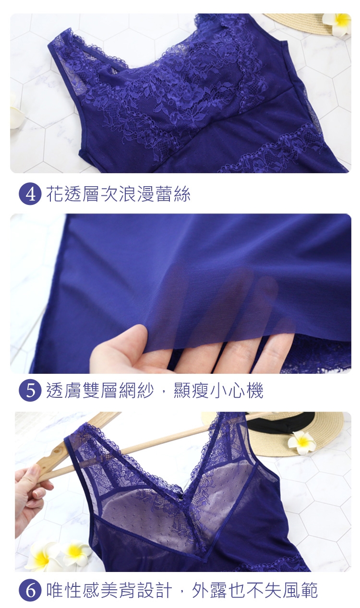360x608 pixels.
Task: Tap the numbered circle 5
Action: pos(30,390)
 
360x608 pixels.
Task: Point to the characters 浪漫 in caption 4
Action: pos(137,194)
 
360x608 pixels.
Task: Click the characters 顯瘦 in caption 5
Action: pos(191,390)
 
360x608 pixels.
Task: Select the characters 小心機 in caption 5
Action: pos(237,390)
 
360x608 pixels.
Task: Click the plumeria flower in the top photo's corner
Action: pos(337,24)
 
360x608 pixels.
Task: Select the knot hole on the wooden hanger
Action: pos(57,451)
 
